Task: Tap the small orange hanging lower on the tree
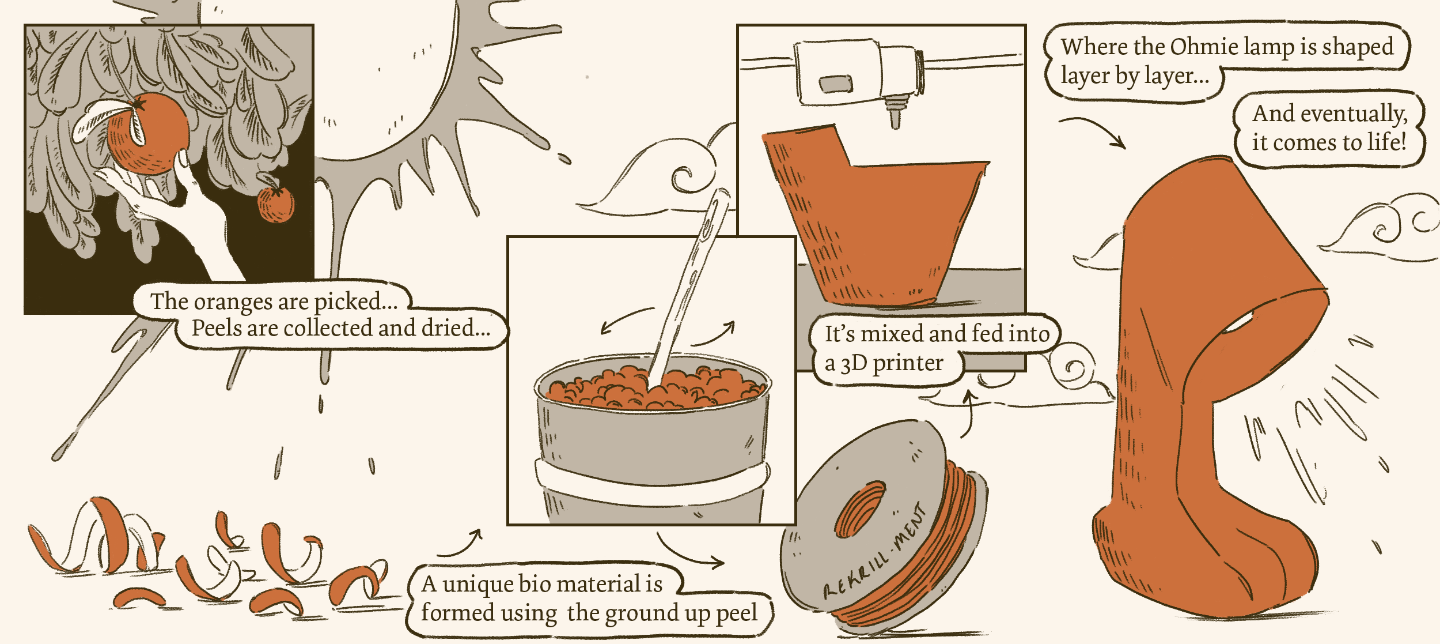(x=275, y=205)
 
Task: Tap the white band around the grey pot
(x=651, y=484)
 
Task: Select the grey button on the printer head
(x=836, y=84)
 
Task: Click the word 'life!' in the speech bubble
(x=1382, y=142)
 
